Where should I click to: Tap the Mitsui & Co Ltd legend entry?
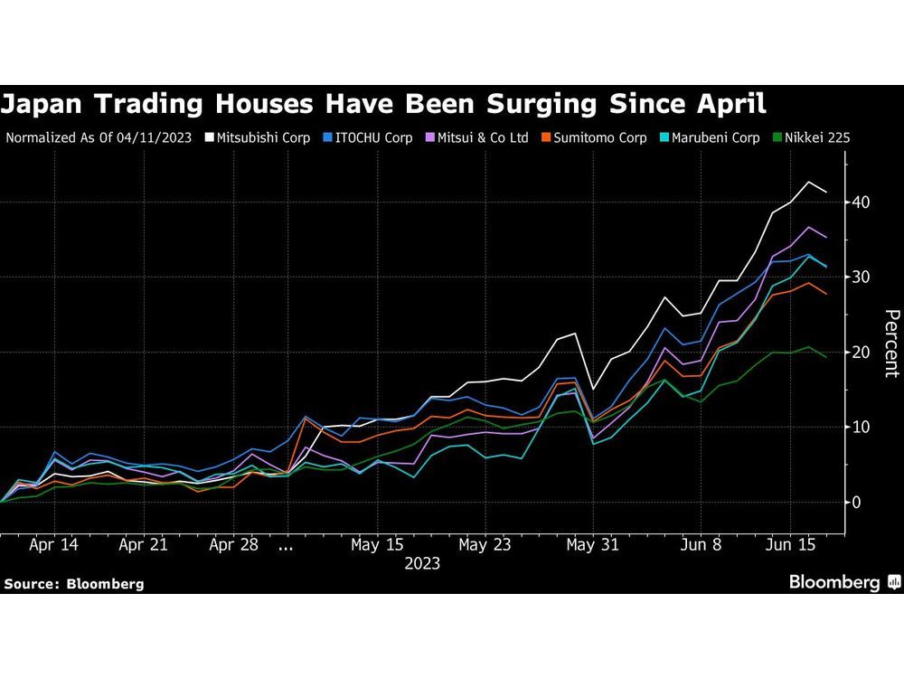[478, 138]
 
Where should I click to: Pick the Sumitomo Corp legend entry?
[593, 138]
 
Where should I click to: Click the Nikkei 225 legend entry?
[811, 138]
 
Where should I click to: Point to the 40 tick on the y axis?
[859, 202]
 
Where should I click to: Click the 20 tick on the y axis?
[859, 352]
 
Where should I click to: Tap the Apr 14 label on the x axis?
[52, 545]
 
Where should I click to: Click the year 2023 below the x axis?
[422, 563]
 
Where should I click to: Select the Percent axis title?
[891, 344]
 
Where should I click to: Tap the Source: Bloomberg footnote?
[74, 584]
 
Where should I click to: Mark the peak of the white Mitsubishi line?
[809, 182]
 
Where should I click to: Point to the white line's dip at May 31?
[593, 389]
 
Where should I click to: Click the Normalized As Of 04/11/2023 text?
[99, 138]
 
